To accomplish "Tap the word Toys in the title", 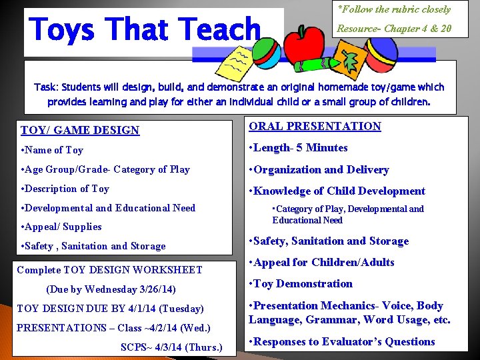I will (63, 30).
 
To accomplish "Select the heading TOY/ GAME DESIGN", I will (80, 130).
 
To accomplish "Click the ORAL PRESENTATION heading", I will (315, 126).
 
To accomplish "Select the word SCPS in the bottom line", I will (135, 347).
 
